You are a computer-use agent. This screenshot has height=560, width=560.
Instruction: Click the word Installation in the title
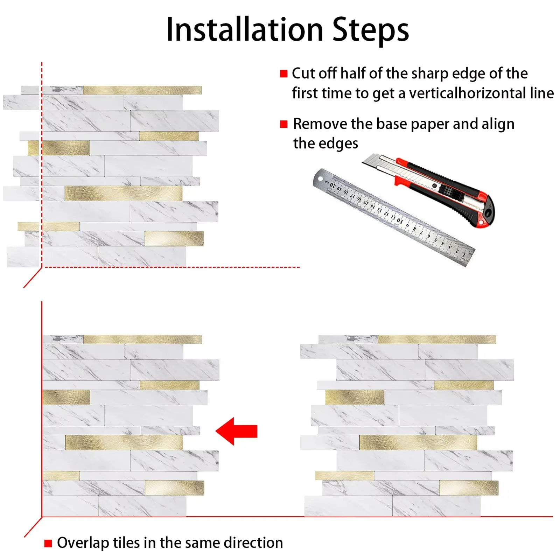point(245,29)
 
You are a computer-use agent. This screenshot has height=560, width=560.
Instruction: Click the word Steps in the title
point(370,30)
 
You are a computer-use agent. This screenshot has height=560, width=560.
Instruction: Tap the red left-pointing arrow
point(236,431)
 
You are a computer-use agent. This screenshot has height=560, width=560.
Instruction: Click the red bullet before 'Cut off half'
point(283,73)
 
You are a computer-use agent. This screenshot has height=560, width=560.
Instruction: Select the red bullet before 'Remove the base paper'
point(283,124)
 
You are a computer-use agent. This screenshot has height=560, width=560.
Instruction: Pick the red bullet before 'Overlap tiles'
point(48,543)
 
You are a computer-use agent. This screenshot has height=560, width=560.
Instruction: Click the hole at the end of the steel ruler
point(320,179)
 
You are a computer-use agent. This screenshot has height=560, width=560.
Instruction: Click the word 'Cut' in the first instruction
point(303,73)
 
